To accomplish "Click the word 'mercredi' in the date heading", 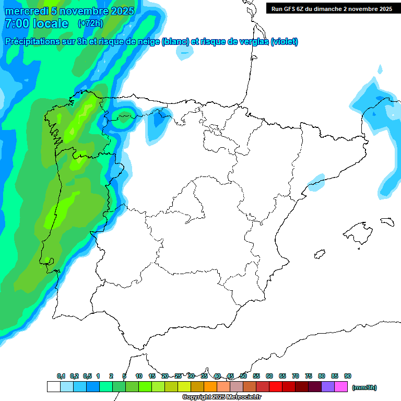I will pyautogui.click(x=26, y=11).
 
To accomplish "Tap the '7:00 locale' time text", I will pyautogui.click(x=36, y=23).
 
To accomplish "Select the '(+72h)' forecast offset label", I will pyautogui.click(x=90, y=23).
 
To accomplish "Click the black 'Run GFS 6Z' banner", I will pyautogui.click(x=332, y=9).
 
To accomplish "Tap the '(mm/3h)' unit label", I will pyautogui.click(x=364, y=387).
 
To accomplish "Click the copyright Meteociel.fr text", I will pyautogui.click(x=221, y=397).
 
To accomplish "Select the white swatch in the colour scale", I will pyautogui.click(x=53, y=387).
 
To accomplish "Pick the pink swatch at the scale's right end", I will pyautogui.click(x=341, y=387).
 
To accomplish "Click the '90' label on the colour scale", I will pyautogui.click(x=348, y=376).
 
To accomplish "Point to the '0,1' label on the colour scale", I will pyautogui.click(x=61, y=376).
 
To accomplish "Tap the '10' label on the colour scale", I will pyautogui.click(x=139, y=376).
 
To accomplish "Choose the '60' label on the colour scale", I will pyautogui.click(x=269, y=376).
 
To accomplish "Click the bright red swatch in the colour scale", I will pyautogui.click(x=276, y=387).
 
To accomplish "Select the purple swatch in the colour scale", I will pyautogui.click(x=328, y=387).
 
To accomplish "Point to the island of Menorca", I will pyautogui.click(x=386, y=221).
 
